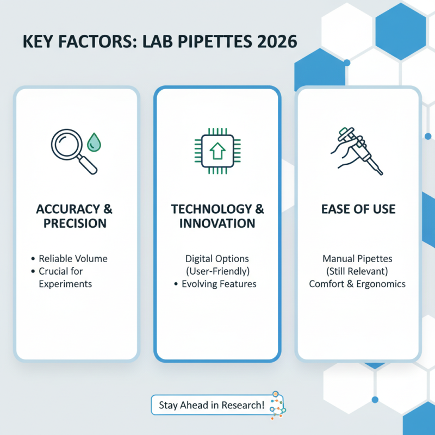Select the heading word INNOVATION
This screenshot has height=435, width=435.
coord(217,223)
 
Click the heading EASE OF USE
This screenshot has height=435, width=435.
coord(358,209)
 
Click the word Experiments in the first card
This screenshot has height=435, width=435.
coord(65,284)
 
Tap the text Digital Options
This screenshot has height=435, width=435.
coord(217,258)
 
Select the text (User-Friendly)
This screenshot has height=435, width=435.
coord(217,271)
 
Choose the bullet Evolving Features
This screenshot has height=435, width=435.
coord(219,284)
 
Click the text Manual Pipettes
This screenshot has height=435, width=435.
coord(358,258)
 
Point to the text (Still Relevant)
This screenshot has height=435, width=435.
coord(358,271)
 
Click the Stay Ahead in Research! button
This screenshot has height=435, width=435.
coord(212,405)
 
